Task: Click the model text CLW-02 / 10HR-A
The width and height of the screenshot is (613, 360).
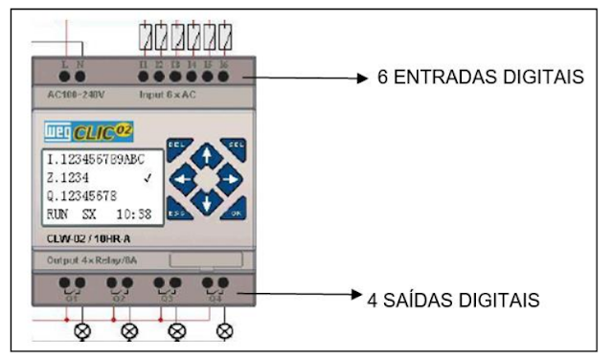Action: tap(89, 236)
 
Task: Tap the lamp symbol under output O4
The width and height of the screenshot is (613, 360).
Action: tap(225, 331)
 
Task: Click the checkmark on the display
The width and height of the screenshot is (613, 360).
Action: tap(147, 178)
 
